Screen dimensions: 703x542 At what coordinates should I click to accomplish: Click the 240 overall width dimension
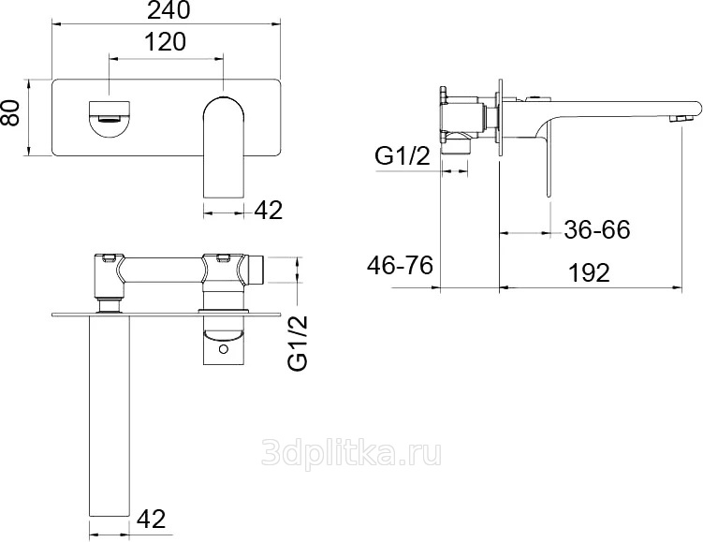pos(168,10)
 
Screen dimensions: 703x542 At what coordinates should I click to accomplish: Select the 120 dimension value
pos(165,42)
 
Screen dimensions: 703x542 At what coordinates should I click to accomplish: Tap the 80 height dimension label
pos(10,113)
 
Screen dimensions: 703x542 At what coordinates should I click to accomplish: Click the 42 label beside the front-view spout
pos(269,210)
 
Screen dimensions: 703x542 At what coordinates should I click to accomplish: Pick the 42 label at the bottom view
pos(151,519)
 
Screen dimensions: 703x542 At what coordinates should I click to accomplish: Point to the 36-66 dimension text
pos(596,229)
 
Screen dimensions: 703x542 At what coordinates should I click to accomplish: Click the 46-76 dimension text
pos(400,265)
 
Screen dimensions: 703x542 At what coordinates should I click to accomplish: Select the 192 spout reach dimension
pos(589,272)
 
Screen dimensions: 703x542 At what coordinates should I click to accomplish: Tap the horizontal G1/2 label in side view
pos(403,156)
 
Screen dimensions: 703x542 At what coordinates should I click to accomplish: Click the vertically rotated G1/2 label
pos(299,343)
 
